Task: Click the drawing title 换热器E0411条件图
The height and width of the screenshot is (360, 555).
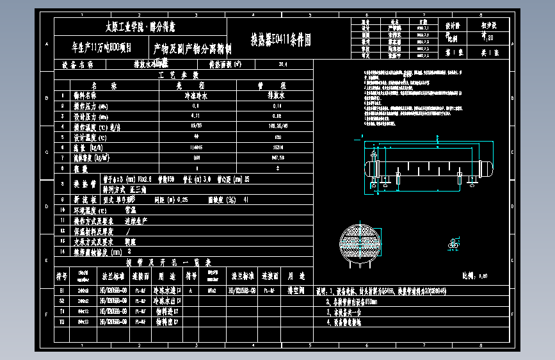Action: [x=280, y=40]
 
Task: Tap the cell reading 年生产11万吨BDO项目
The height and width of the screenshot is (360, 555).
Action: [x=101, y=47]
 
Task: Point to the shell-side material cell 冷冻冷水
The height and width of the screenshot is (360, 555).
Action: [x=187, y=95]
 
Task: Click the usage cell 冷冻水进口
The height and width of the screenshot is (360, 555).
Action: [x=166, y=290]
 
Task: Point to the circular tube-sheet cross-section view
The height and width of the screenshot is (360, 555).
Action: [x=360, y=243]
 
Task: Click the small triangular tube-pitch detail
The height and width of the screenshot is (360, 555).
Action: [x=454, y=244]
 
